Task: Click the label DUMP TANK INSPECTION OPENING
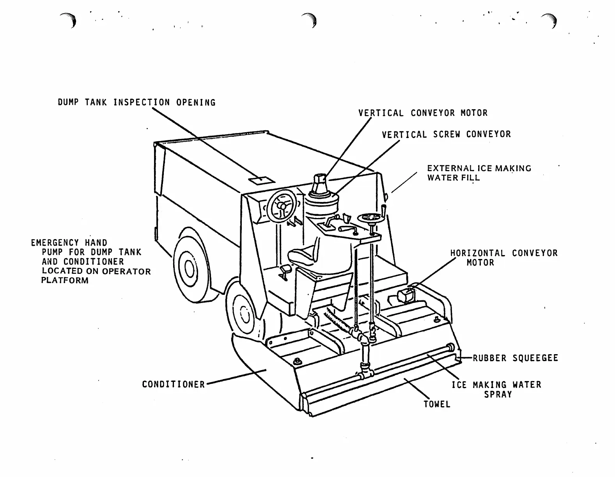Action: coord(136,103)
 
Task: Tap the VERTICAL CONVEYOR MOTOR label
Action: coord(423,113)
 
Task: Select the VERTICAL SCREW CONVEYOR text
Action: coord(446,135)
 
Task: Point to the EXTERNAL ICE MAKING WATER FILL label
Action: coord(479,173)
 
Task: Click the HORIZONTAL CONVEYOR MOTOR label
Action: coord(503,258)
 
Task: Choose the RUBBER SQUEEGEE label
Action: coord(515,358)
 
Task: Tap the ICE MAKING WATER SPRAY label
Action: coord(496,389)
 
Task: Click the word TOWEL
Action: coord(437,404)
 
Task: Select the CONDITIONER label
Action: coord(173,385)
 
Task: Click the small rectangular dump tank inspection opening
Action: coord(262,179)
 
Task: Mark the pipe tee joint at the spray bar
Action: coord(365,373)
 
